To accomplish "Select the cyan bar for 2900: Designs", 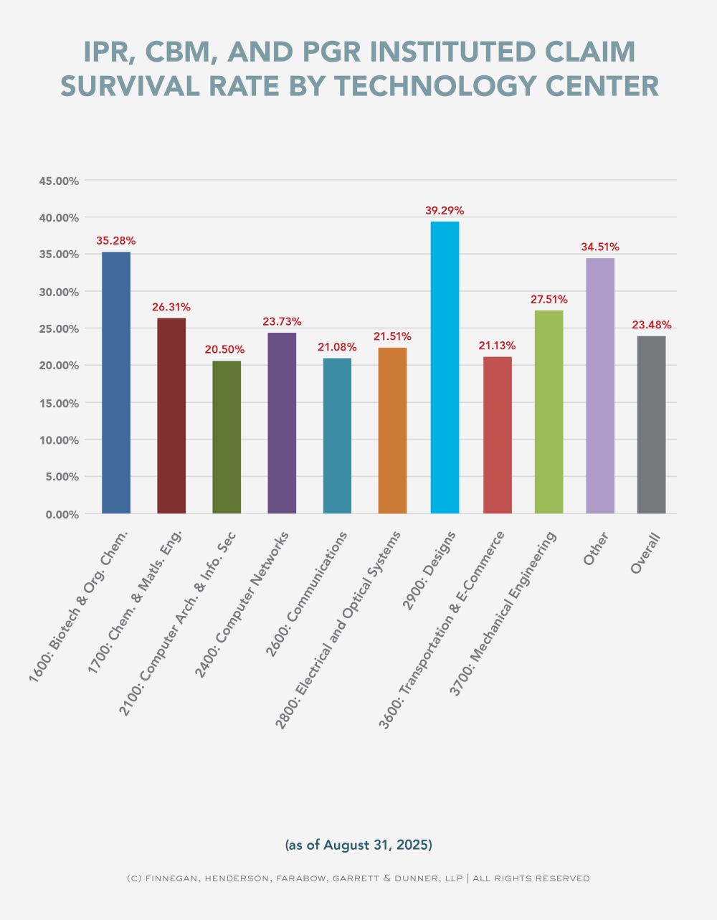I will click(x=445, y=367).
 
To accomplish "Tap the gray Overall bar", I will click(x=651, y=425).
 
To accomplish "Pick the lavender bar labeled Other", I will click(x=600, y=385).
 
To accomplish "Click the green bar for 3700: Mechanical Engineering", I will click(x=549, y=412).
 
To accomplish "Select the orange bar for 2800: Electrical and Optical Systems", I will click(x=392, y=430).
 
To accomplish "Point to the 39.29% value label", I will click(x=445, y=211).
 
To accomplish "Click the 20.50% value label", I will click(x=226, y=350).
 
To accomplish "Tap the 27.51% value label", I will click(x=549, y=300).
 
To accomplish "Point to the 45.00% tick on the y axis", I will click(x=59, y=181).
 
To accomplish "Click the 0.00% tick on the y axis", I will click(x=62, y=514).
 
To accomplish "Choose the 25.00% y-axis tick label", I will click(x=59, y=328).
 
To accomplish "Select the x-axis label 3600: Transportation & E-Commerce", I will click(x=442, y=629).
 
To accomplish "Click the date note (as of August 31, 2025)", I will click(x=358, y=845).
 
